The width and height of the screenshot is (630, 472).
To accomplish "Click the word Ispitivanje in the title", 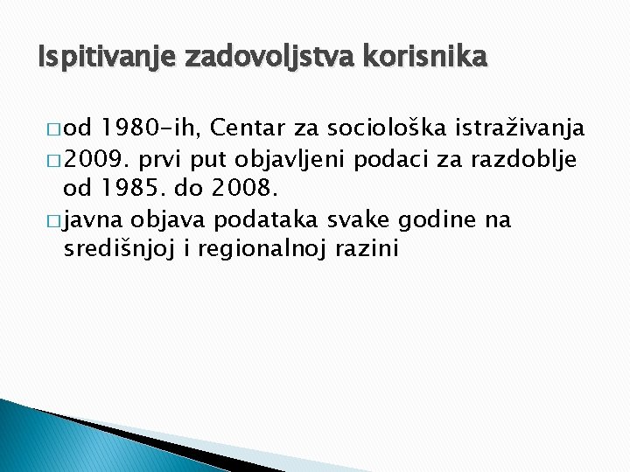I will pos(95,59).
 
